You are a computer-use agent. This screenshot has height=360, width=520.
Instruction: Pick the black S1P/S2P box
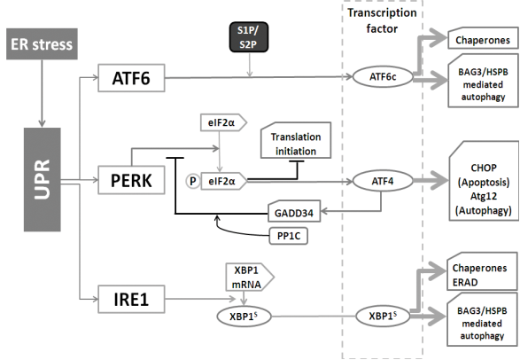(x=252, y=39)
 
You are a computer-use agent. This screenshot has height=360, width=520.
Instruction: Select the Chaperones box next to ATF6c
(x=478, y=41)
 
